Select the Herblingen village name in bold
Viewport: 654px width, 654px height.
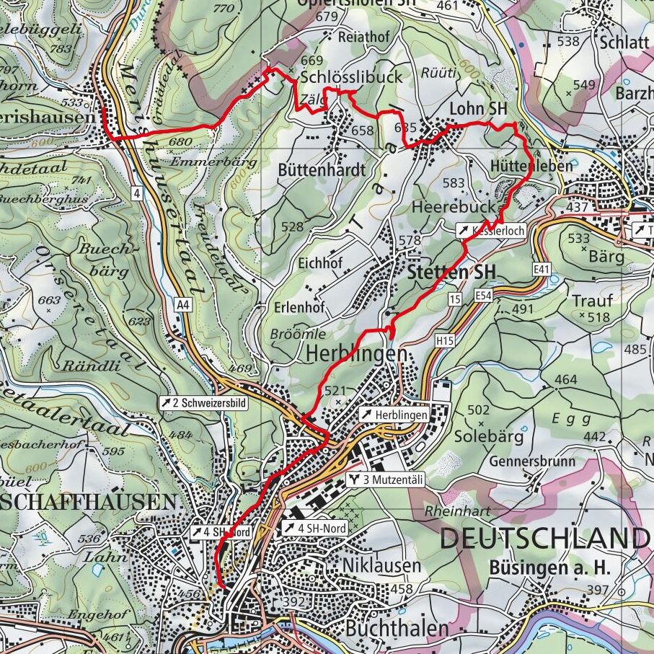pos(352,354)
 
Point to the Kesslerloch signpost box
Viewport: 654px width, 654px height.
pos(490,231)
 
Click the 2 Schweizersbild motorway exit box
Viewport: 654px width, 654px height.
pos(203,403)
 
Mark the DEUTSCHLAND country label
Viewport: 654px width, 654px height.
pos(546,539)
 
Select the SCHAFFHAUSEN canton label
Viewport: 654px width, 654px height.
pos(87,502)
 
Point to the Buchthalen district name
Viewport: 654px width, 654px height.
pos(397,628)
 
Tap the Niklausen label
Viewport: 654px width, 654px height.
pos(381,565)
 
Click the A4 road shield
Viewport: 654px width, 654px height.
pos(185,305)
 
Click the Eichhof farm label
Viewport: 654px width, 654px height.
pos(319,263)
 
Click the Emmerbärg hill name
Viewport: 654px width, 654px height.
pos(224,162)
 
